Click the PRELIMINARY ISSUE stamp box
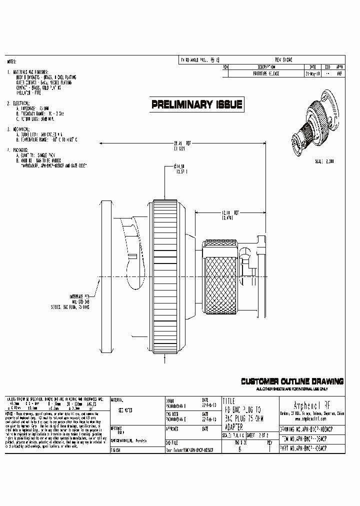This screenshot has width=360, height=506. [x=197, y=104]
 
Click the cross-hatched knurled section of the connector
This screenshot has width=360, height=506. [x=220, y=276]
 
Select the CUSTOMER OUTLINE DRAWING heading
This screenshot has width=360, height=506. [x=292, y=381]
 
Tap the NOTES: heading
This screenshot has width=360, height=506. [x=12, y=62]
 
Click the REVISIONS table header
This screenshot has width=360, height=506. [x=283, y=59]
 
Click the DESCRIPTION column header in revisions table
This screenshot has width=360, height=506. [x=266, y=66]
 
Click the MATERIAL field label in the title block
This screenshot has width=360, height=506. [x=118, y=400]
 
